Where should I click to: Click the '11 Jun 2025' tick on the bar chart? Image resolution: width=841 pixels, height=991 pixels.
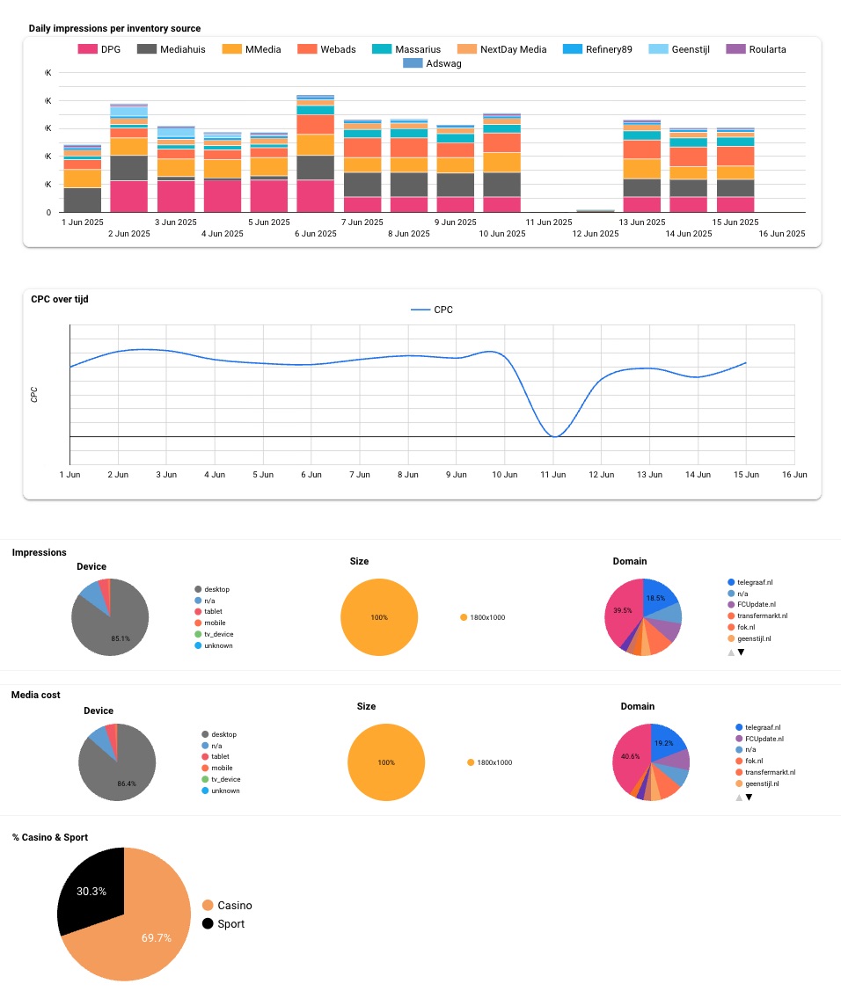pyautogui.click(x=548, y=222)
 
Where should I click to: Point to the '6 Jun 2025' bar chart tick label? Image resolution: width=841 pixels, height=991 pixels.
pyautogui.click(x=315, y=234)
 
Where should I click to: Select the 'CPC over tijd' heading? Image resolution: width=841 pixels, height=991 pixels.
pyautogui.click(x=60, y=299)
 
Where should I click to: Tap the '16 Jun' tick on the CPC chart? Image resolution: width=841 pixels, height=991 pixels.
pyautogui.click(x=793, y=475)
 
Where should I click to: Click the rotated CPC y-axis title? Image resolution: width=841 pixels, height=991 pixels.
pyautogui.click(x=34, y=394)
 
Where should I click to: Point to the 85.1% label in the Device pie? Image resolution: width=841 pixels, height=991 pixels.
pyautogui.click(x=121, y=638)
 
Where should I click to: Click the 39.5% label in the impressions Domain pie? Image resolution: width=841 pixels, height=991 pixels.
pyautogui.click(x=623, y=610)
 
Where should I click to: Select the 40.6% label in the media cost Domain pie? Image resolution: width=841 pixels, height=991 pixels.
pyautogui.click(x=630, y=756)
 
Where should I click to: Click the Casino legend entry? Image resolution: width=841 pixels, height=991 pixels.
pyautogui.click(x=234, y=905)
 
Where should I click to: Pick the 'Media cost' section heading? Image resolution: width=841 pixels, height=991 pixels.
pyautogui.click(x=36, y=695)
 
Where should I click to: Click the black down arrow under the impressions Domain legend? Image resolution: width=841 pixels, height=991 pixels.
pyautogui.click(x=741, y=652)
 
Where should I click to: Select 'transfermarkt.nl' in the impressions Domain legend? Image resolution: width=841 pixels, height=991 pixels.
pyautogui.click(x=761, y=616)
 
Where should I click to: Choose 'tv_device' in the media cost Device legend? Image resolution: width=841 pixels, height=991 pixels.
pyautogui.click(x=225, y=779)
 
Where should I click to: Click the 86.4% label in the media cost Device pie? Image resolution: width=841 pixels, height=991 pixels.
pyautogui.click(x=128, y=783)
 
